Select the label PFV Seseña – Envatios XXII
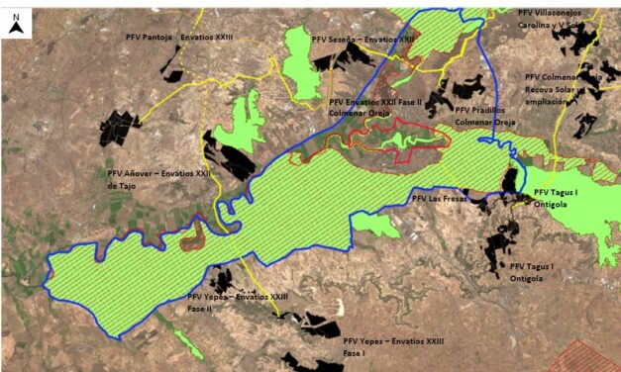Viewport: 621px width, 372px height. [362, 40]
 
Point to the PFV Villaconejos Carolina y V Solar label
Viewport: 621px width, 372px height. [564, 18]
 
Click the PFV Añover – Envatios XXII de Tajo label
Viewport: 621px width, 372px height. [158, 178]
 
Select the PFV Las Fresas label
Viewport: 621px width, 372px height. [440, 198]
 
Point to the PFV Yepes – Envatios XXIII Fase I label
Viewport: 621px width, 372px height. [393, 345]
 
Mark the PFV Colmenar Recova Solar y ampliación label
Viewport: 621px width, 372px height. [563, 89]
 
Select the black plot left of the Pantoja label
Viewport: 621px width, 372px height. [172, 65]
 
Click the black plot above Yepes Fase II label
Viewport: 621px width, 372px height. [220, 281]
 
